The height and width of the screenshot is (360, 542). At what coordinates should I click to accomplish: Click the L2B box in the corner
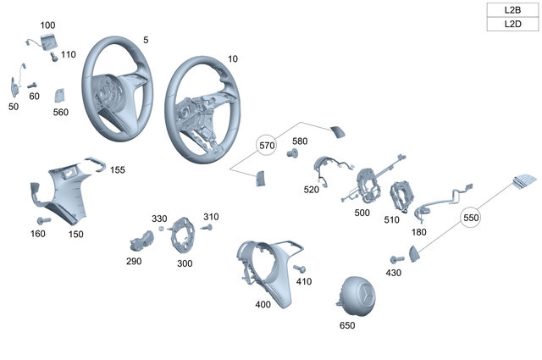point(512,10)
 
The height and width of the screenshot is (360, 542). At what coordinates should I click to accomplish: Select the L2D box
point(512,25)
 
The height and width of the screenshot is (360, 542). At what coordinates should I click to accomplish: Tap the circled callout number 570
point(268,145)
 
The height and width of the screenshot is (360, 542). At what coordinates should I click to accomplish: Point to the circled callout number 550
point(472,218)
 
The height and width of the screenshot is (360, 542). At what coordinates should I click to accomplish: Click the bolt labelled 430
point(395,258)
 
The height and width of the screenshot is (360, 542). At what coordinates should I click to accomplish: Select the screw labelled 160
point(43,220)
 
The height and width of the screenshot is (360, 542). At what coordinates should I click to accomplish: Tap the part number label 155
point(117,170)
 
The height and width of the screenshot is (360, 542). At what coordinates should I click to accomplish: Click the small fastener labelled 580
point(294,154)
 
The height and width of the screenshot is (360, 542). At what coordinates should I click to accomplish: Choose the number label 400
point(263,303)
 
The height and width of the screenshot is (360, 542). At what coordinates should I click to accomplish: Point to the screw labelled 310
point(207,227)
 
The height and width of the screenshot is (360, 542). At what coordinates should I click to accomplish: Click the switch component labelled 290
point(136,241)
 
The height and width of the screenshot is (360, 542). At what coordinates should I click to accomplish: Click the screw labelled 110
point(54,58)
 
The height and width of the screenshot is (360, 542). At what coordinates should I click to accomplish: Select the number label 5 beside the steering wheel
point(146,40)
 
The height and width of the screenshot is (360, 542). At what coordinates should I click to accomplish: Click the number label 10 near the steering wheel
point(234,60)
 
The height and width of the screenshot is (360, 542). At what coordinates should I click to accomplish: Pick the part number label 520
point(311,190)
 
